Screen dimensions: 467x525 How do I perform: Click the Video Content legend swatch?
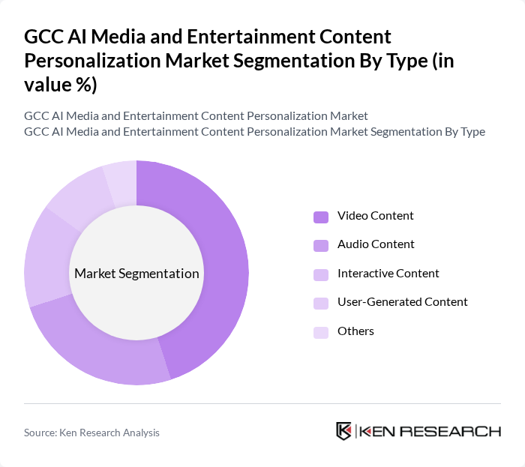[x=321, y=217]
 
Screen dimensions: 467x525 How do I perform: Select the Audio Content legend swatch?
[x=321, y=245]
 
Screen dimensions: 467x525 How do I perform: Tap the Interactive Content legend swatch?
[x=321, y=274]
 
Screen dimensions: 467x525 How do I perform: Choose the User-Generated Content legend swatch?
[x=321, y=303]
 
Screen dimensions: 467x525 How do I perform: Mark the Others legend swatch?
[x=321, y=331]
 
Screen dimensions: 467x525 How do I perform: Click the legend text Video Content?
[x=375, y=216]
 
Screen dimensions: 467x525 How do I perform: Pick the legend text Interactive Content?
[x=388, y=274]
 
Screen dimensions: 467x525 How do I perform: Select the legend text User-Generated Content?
[x=402, y=302]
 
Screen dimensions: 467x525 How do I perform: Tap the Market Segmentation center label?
[x=136, y=274]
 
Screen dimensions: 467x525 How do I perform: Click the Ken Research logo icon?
[x=344, y=431]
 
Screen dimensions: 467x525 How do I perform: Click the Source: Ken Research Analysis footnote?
[x=91, y=433]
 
